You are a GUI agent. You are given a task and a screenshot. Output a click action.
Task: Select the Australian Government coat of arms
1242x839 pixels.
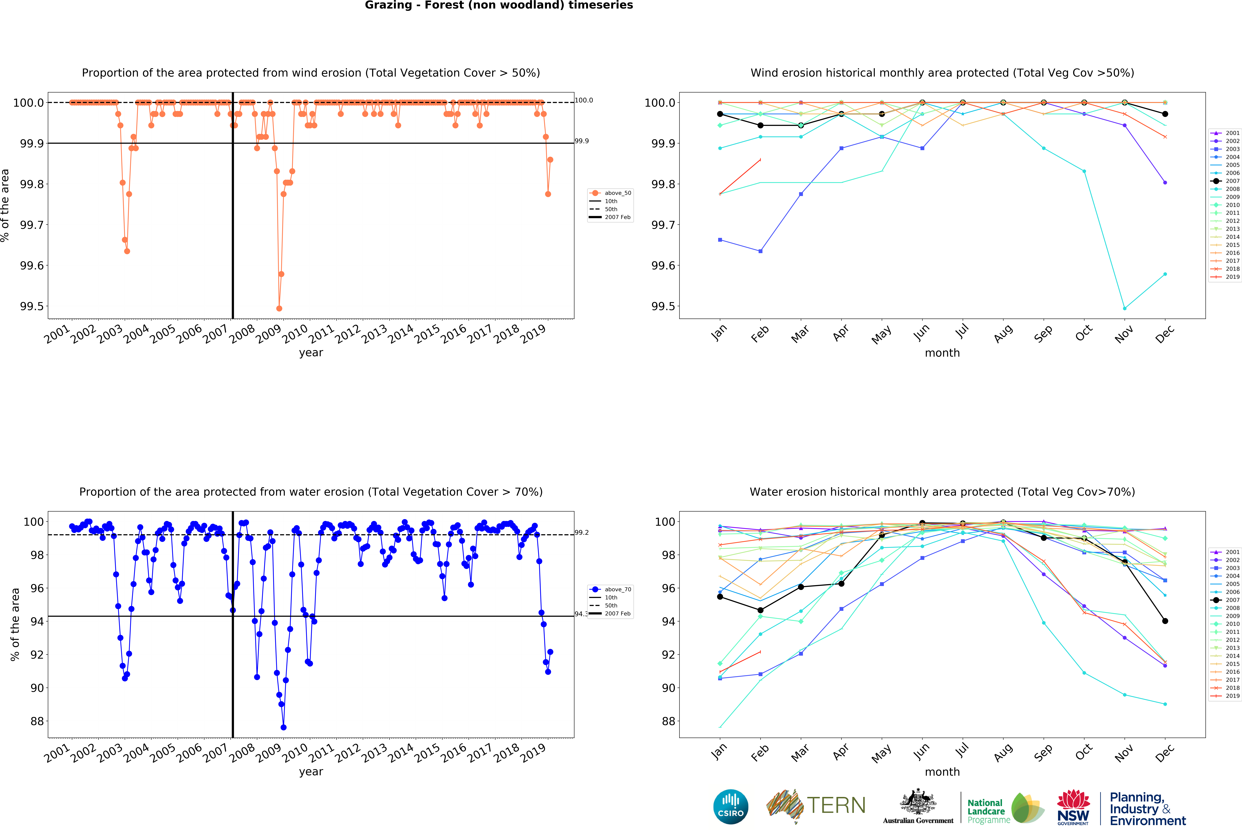click(x=918, y=802)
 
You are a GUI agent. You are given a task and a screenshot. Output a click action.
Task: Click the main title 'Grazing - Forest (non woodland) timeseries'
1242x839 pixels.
click(x=499, y=5)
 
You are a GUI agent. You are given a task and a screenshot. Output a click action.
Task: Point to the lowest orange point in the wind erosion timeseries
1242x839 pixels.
click(x=279, y=308)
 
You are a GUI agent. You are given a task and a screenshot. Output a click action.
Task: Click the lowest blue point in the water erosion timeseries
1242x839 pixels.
click(x=283, y=727)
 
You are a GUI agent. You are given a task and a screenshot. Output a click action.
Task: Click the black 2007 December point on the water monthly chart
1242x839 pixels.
click(x=1165, y=621)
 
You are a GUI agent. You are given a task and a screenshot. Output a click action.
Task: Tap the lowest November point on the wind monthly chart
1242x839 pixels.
click(x=1124, y=308)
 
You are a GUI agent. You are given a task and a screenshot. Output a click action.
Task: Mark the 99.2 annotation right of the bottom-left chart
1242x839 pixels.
click(x=582, y=533)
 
